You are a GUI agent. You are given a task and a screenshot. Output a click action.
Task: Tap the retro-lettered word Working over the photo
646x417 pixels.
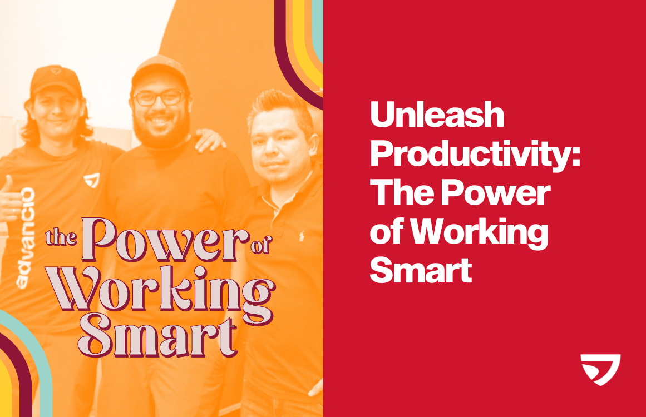click(164, 294)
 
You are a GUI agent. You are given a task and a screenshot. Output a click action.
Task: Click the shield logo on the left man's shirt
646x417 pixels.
click(91, 181)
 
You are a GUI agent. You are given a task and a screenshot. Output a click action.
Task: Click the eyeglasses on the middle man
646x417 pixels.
click(159, 98)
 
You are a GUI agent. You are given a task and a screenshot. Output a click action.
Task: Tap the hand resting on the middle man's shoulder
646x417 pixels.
click(209, 139)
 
